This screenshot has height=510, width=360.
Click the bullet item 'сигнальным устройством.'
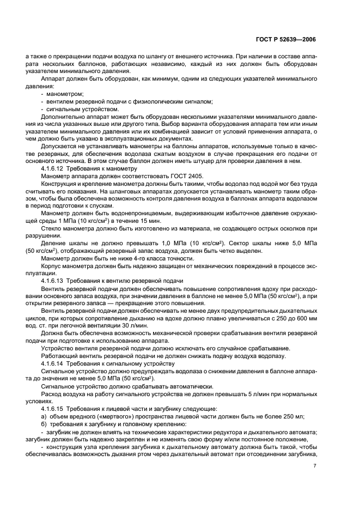(x=82, y=109)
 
